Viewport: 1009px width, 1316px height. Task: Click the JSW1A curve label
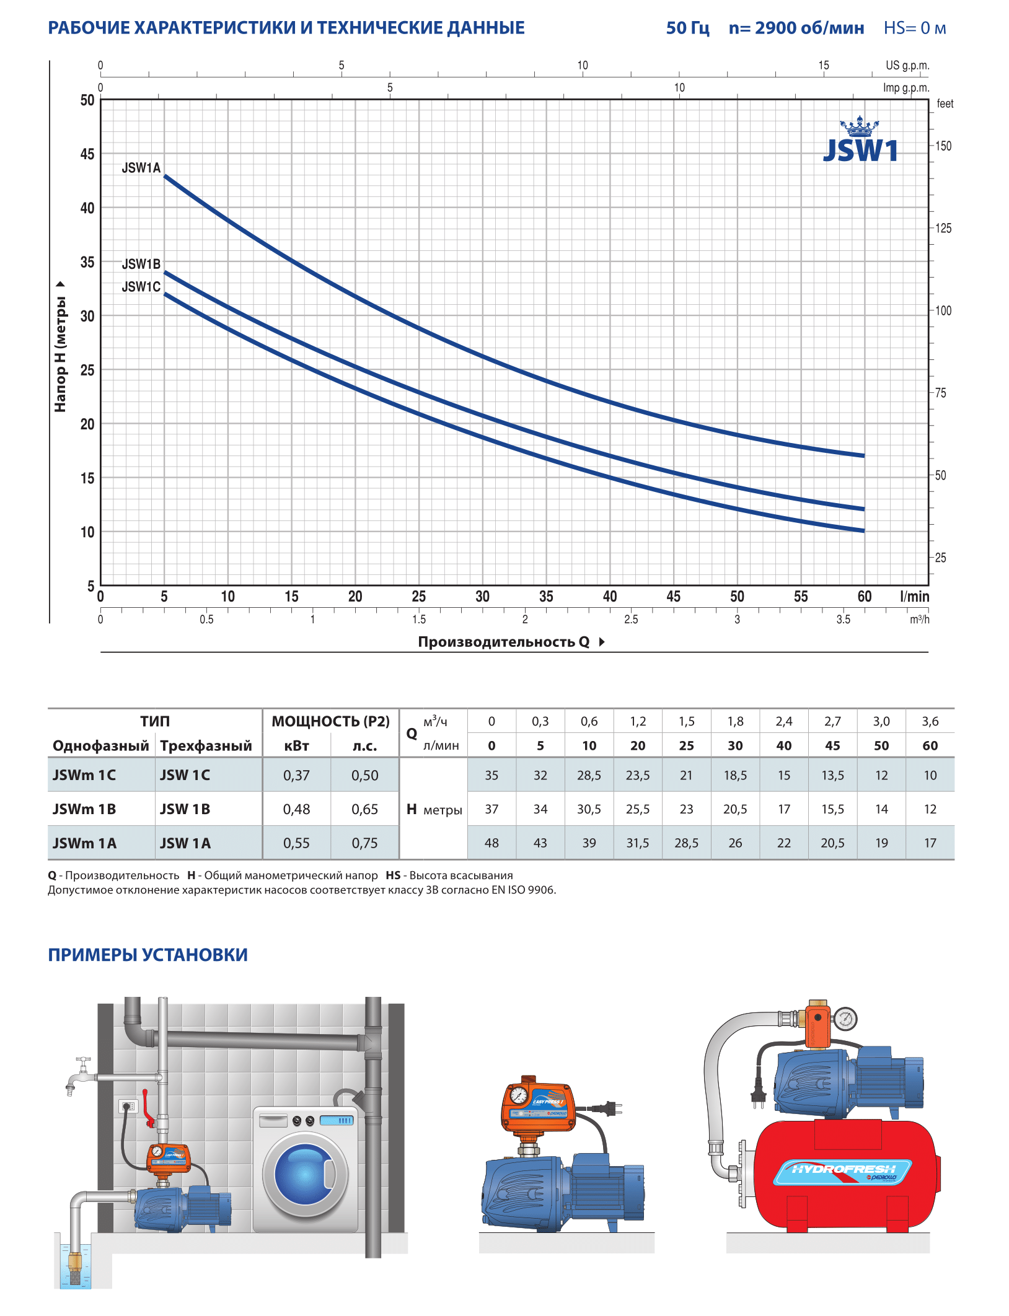pos(141,168)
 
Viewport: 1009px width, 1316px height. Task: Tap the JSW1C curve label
pos(141,287)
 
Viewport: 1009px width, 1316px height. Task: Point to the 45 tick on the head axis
pos(87,154)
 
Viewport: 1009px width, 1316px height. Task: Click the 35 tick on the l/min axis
pos(545,597)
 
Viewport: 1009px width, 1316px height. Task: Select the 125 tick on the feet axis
pos(943,229)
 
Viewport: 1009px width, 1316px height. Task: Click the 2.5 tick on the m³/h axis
pos(630,620)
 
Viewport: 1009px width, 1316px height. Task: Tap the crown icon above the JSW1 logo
pos(859,127)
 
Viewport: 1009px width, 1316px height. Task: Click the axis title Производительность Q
pos(503,642)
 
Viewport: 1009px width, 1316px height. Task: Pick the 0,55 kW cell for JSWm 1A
pos(296,843)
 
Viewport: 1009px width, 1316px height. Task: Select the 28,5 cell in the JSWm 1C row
pos(589,776)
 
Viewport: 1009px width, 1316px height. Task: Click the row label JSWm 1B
pos(84,810)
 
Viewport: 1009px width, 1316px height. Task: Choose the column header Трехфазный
pos(206,746)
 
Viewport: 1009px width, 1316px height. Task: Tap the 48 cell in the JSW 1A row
pos(491,843)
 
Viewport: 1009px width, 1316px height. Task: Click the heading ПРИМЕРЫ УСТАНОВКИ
pos(148,955)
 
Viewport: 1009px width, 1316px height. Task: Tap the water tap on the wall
pos(79,1076)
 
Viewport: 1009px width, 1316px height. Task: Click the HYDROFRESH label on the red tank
pos(843,1170)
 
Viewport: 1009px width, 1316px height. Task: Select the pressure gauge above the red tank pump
pos(845,1019)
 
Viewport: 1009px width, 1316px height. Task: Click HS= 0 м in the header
pos(914,29)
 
